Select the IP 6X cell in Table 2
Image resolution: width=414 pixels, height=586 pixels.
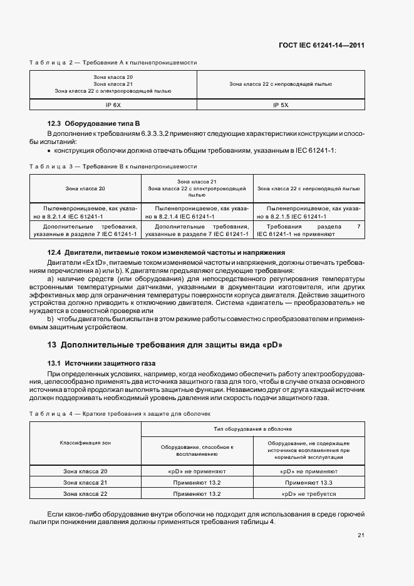point(113,105)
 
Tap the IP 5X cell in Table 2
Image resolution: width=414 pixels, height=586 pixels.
point(280,105)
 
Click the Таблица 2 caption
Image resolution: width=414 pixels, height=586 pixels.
point(113,63)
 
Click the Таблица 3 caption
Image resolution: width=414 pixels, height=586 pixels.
point(113,167)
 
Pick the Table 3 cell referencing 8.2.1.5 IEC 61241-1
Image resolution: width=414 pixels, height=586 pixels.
point(309,212)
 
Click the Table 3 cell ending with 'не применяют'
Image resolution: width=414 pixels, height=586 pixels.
point(309,230)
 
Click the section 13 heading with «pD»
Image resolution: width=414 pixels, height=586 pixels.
point(165,345)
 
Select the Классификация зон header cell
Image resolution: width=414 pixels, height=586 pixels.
point(85,443)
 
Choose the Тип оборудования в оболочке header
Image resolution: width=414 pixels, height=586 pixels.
point(253,429)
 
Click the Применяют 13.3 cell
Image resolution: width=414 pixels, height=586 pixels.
point(309,483)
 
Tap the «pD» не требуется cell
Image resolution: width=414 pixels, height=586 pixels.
point(309,494)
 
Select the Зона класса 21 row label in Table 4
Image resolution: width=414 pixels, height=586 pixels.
point(85,483)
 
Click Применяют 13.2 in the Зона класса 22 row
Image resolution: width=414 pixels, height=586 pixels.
point(197,494)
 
